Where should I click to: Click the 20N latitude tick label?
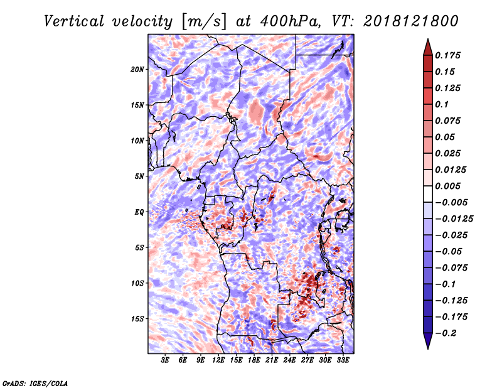(x=137, y=70)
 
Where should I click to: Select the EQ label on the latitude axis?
(x=139, y=212)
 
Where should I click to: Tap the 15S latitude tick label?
(x=137, y=319)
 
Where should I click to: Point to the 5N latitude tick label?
(x=139, y=176)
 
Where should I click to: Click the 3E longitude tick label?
(x=165, y=360)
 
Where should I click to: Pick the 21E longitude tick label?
(x=272, y=360)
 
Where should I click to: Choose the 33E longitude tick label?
(x=343, y=360)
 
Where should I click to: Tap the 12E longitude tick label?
(x=218, y=360)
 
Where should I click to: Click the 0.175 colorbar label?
(x=447, y=55)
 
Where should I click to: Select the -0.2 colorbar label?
(x=446, y=333)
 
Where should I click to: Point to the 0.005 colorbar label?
(x=447, y=186)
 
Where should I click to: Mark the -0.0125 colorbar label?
(x=454, y=219)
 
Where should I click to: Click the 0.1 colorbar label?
(x=442, y=104)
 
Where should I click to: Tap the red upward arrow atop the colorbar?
(x=428, y=47)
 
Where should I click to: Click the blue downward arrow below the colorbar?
(x=428, y=341)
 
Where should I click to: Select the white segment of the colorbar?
(x=428, y=194)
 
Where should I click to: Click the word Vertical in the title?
(x=74, y=21)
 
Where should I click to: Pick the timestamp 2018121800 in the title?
(x=411, y=21)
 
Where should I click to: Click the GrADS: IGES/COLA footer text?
(x=35, y=384)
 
